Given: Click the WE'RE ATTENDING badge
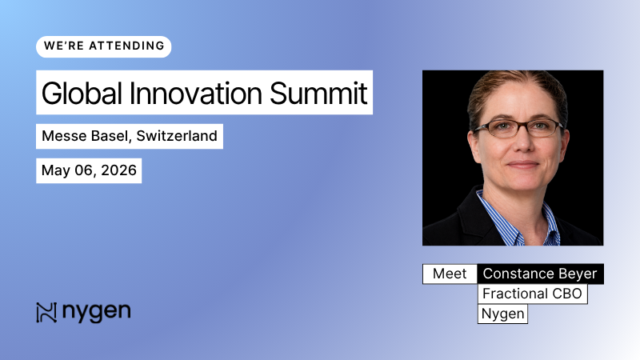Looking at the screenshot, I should point(103,46).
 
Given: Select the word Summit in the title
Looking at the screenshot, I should point(318,93).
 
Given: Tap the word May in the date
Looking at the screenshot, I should point(56,170).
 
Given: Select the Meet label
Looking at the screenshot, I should point(449,274).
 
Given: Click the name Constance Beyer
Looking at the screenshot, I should point(540,274).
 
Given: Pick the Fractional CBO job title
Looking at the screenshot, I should point(532,294).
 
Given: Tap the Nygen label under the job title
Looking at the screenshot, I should point(502,314).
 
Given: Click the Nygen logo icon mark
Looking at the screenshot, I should point(46,312).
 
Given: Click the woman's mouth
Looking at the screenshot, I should point(521,164).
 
